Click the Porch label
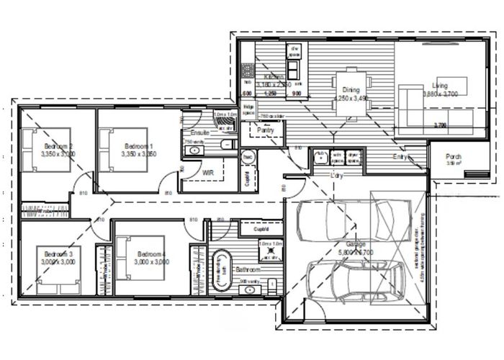tap(454, 157)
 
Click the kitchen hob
tap(246, 72)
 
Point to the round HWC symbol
tap(246, 156)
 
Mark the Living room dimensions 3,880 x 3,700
tap(440, 94)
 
